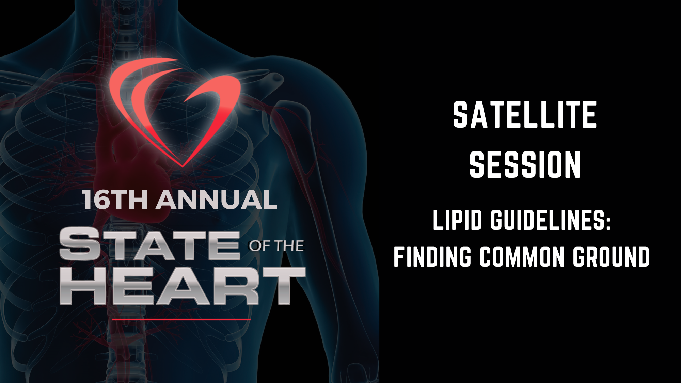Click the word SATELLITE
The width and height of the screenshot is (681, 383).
525,114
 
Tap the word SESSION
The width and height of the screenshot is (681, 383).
525,165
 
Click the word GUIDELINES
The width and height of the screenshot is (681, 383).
544,220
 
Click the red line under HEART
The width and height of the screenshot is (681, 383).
181,319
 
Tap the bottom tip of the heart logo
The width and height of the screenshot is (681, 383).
183,167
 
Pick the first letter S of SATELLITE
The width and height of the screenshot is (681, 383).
461,114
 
